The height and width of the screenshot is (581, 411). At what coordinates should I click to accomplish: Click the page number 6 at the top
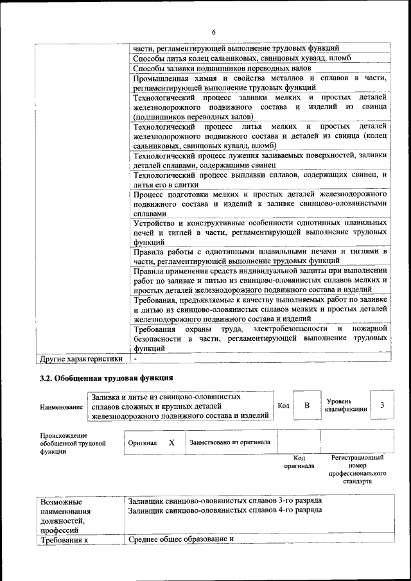pyautogui.click(x=214, y=32)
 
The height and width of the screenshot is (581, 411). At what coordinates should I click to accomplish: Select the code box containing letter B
pyautogui.click(x=307, y=405)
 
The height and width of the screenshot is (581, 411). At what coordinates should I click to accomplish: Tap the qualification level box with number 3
pyautogui.click(x=382, y=405)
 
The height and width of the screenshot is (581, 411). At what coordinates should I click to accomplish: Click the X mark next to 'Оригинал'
pyautogui.click(x=171, y=442)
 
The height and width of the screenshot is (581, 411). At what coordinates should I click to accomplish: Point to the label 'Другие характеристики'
pyautogui.click(x=81, y=358)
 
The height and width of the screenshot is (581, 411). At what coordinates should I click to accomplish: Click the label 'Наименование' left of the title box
pyautogui.click(x=61, y=407)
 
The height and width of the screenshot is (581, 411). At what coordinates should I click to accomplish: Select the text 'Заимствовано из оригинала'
pyautogui.click(x=230, y=442)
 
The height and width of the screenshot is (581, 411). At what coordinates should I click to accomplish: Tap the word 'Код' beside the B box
pyautogui.click(x=283, y=406)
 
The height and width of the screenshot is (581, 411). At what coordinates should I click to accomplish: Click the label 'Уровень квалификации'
pyautogui.click(x=346, y=405)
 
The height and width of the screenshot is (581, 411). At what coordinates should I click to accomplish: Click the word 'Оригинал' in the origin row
pyautogui.click(x=143, y=443)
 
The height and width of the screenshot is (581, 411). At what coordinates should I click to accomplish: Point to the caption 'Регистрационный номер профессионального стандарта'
pyautogui.click(x=358, y=469)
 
